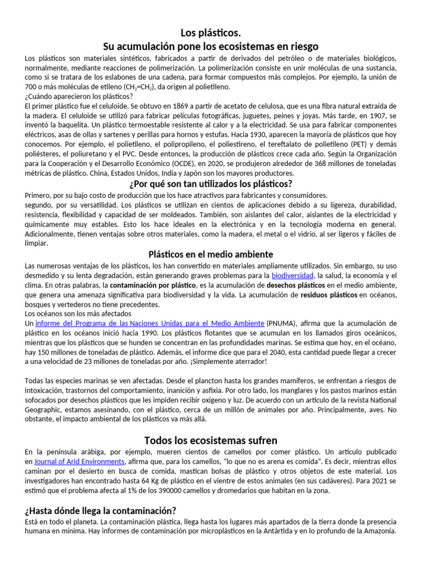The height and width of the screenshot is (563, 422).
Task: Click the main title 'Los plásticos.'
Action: [211, 34]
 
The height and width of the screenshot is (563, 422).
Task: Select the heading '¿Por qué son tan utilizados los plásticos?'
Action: [211, 184]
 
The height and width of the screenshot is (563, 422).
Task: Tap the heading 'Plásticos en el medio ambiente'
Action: [211, 254]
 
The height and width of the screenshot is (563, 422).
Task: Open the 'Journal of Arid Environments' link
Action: [79, 461]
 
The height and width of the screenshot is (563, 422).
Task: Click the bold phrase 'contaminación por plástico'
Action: [152, 285]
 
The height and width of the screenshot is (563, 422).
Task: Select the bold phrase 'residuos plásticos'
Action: [321, 295]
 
